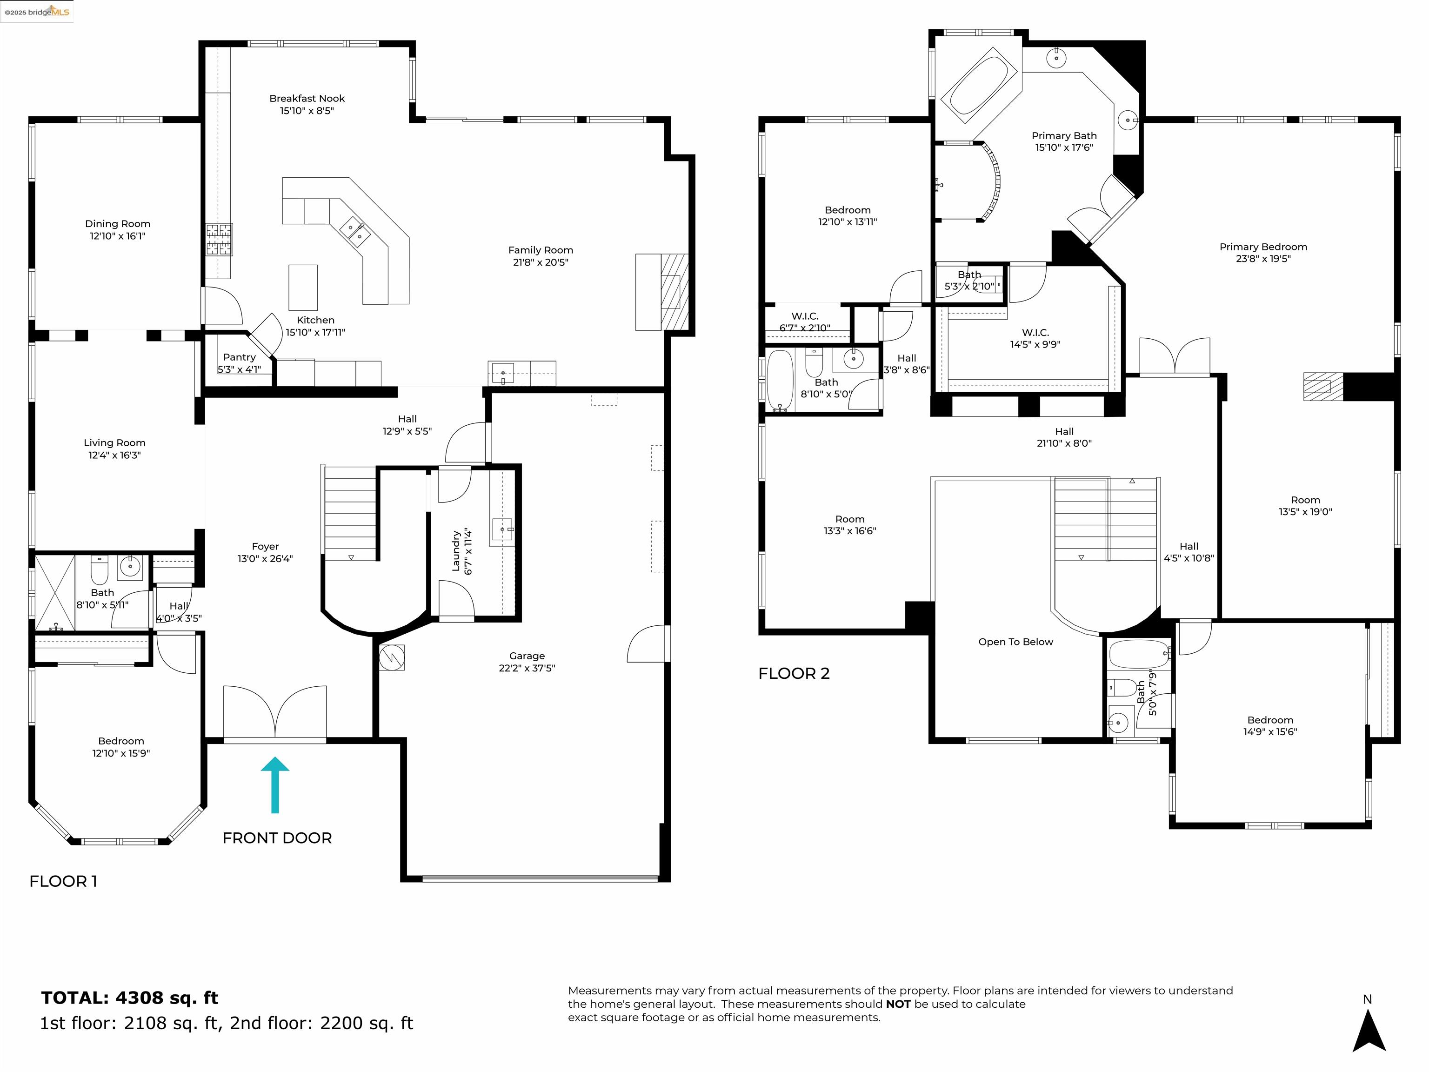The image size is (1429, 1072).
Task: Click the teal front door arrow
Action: tap(275, 784)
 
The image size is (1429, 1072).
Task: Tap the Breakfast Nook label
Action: tap(307, 98)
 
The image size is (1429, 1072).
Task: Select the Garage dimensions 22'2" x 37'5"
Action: tap(527, 668)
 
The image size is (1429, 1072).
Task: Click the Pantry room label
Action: tap(239, 357)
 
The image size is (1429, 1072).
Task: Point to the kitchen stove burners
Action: tap(219, 239)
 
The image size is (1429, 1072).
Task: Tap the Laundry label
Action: tap(456, 551)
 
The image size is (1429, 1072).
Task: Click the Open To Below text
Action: tap(1015, 642)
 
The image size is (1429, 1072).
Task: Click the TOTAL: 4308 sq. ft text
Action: tap(130, 998)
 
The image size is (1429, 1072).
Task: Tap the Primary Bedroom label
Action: tap(1262, 247)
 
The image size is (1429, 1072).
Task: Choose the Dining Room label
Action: tap(118, 224)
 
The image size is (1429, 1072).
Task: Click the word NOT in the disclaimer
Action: tap(897, 1004)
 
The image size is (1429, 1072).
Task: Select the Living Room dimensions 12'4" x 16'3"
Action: tap(114, 455)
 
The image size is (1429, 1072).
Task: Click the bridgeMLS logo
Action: tap(38, 12)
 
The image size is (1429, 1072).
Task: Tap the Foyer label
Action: tap(265, 547)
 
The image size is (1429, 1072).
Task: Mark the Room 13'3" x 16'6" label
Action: tap(849, 525)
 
